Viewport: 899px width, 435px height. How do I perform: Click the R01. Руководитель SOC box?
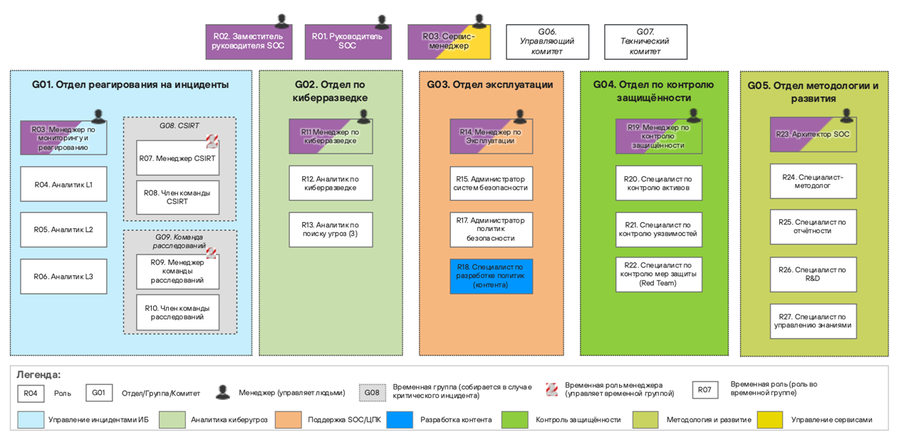pyautogui.click(x=347, y=41)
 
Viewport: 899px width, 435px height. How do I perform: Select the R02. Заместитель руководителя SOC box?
pyautogui.click(x=248, y=41)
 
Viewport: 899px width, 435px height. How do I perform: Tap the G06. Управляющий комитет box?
pyautogui.click(x=547, y=42)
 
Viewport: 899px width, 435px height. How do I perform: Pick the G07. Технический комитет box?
pyautogui.click(x=645, y=42)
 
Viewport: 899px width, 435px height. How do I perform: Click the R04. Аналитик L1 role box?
pyautogui.click(x=63, y=185)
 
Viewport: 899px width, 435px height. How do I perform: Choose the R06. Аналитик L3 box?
pyautogui.click(x=63, y=277)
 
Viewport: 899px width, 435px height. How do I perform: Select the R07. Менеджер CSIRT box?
pyautogui.click(x=177, y=158)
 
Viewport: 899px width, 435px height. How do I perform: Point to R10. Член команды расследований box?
pyautogui.click(x=177, y=312)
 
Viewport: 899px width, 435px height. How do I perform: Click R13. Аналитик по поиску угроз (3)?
pyautogui.click(x=331, y=230)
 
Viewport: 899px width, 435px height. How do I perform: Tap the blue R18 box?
pyautogui.click(x=491, y=276)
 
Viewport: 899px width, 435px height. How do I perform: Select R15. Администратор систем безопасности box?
pyautogui.click(x=491, y=183)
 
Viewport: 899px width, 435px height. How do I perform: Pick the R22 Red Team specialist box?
pyautogui.click(x=659, y=275)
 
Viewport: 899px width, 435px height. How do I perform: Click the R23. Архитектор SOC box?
pyautogui.click(x=813, y=135)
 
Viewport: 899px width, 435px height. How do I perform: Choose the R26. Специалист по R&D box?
pyautogui.click(x=813, y=275)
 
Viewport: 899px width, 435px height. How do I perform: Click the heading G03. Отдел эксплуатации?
pyautogui.click(x=490, y=85)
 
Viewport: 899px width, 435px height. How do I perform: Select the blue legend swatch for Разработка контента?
pyautogui.click(x=400, y=420)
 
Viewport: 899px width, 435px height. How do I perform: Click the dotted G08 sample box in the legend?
pyautogui.click(x=372, y=393)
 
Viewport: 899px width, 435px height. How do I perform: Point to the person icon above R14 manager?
pyautogui.click(x=520, y=116)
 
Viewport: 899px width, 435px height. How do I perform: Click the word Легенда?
pyautogui.click(x=38, y=375)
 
